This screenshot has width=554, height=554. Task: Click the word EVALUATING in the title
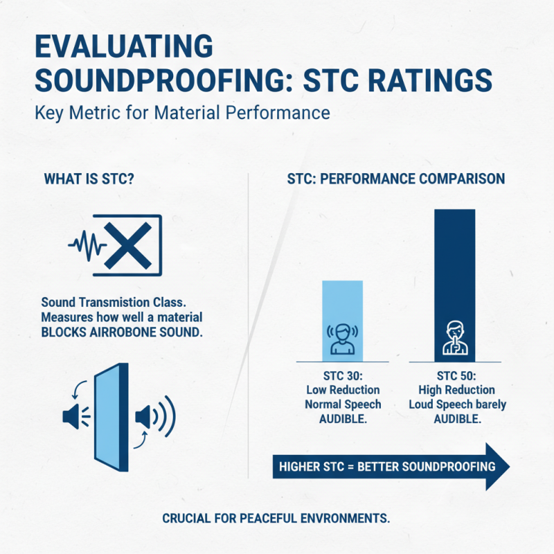(x=123, y=48)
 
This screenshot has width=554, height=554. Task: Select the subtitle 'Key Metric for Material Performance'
(x=182, y=113)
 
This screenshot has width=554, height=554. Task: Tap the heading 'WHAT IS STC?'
(x=89, y=179)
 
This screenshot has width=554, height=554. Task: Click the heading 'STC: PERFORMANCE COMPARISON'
(x=395, y=179)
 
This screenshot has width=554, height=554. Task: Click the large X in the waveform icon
(x=129, y=243)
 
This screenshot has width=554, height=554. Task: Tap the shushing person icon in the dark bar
(x=454, y=337)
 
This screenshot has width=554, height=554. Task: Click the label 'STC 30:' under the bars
(x=343, y=376)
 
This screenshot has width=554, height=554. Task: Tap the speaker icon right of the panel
(x=148, y=417)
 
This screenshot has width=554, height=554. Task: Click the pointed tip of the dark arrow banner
(x=507, y=466)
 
